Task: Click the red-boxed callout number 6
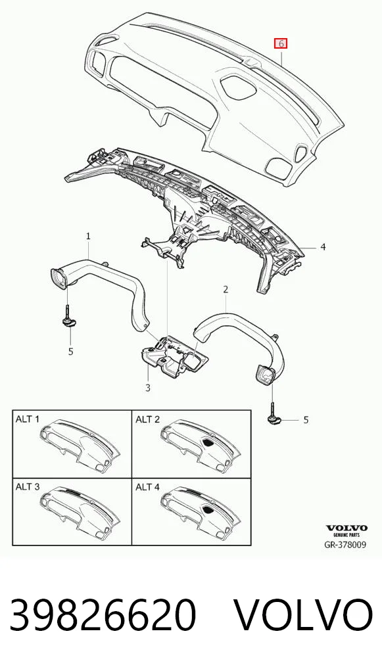coord(280,43)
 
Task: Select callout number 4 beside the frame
coord(323,246)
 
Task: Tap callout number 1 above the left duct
coord(88,235)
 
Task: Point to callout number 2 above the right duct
coord(226,290)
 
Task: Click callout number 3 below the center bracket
coord(148,388)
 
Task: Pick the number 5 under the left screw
coord(71,351)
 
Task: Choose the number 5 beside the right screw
coord(306,420)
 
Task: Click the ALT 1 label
coord(28,419)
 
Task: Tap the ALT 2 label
coord(148,419)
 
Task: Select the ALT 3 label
coord(28,486)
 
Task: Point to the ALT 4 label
coord(148,486)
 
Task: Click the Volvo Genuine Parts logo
coord(346,530)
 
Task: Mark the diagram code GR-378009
coord(345,544)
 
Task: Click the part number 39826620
coord(103,614)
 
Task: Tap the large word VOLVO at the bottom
coord(304,614)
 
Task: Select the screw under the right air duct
coord(272,413)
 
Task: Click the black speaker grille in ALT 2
coord(208,442)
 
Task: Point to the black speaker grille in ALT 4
coord(208,509)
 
